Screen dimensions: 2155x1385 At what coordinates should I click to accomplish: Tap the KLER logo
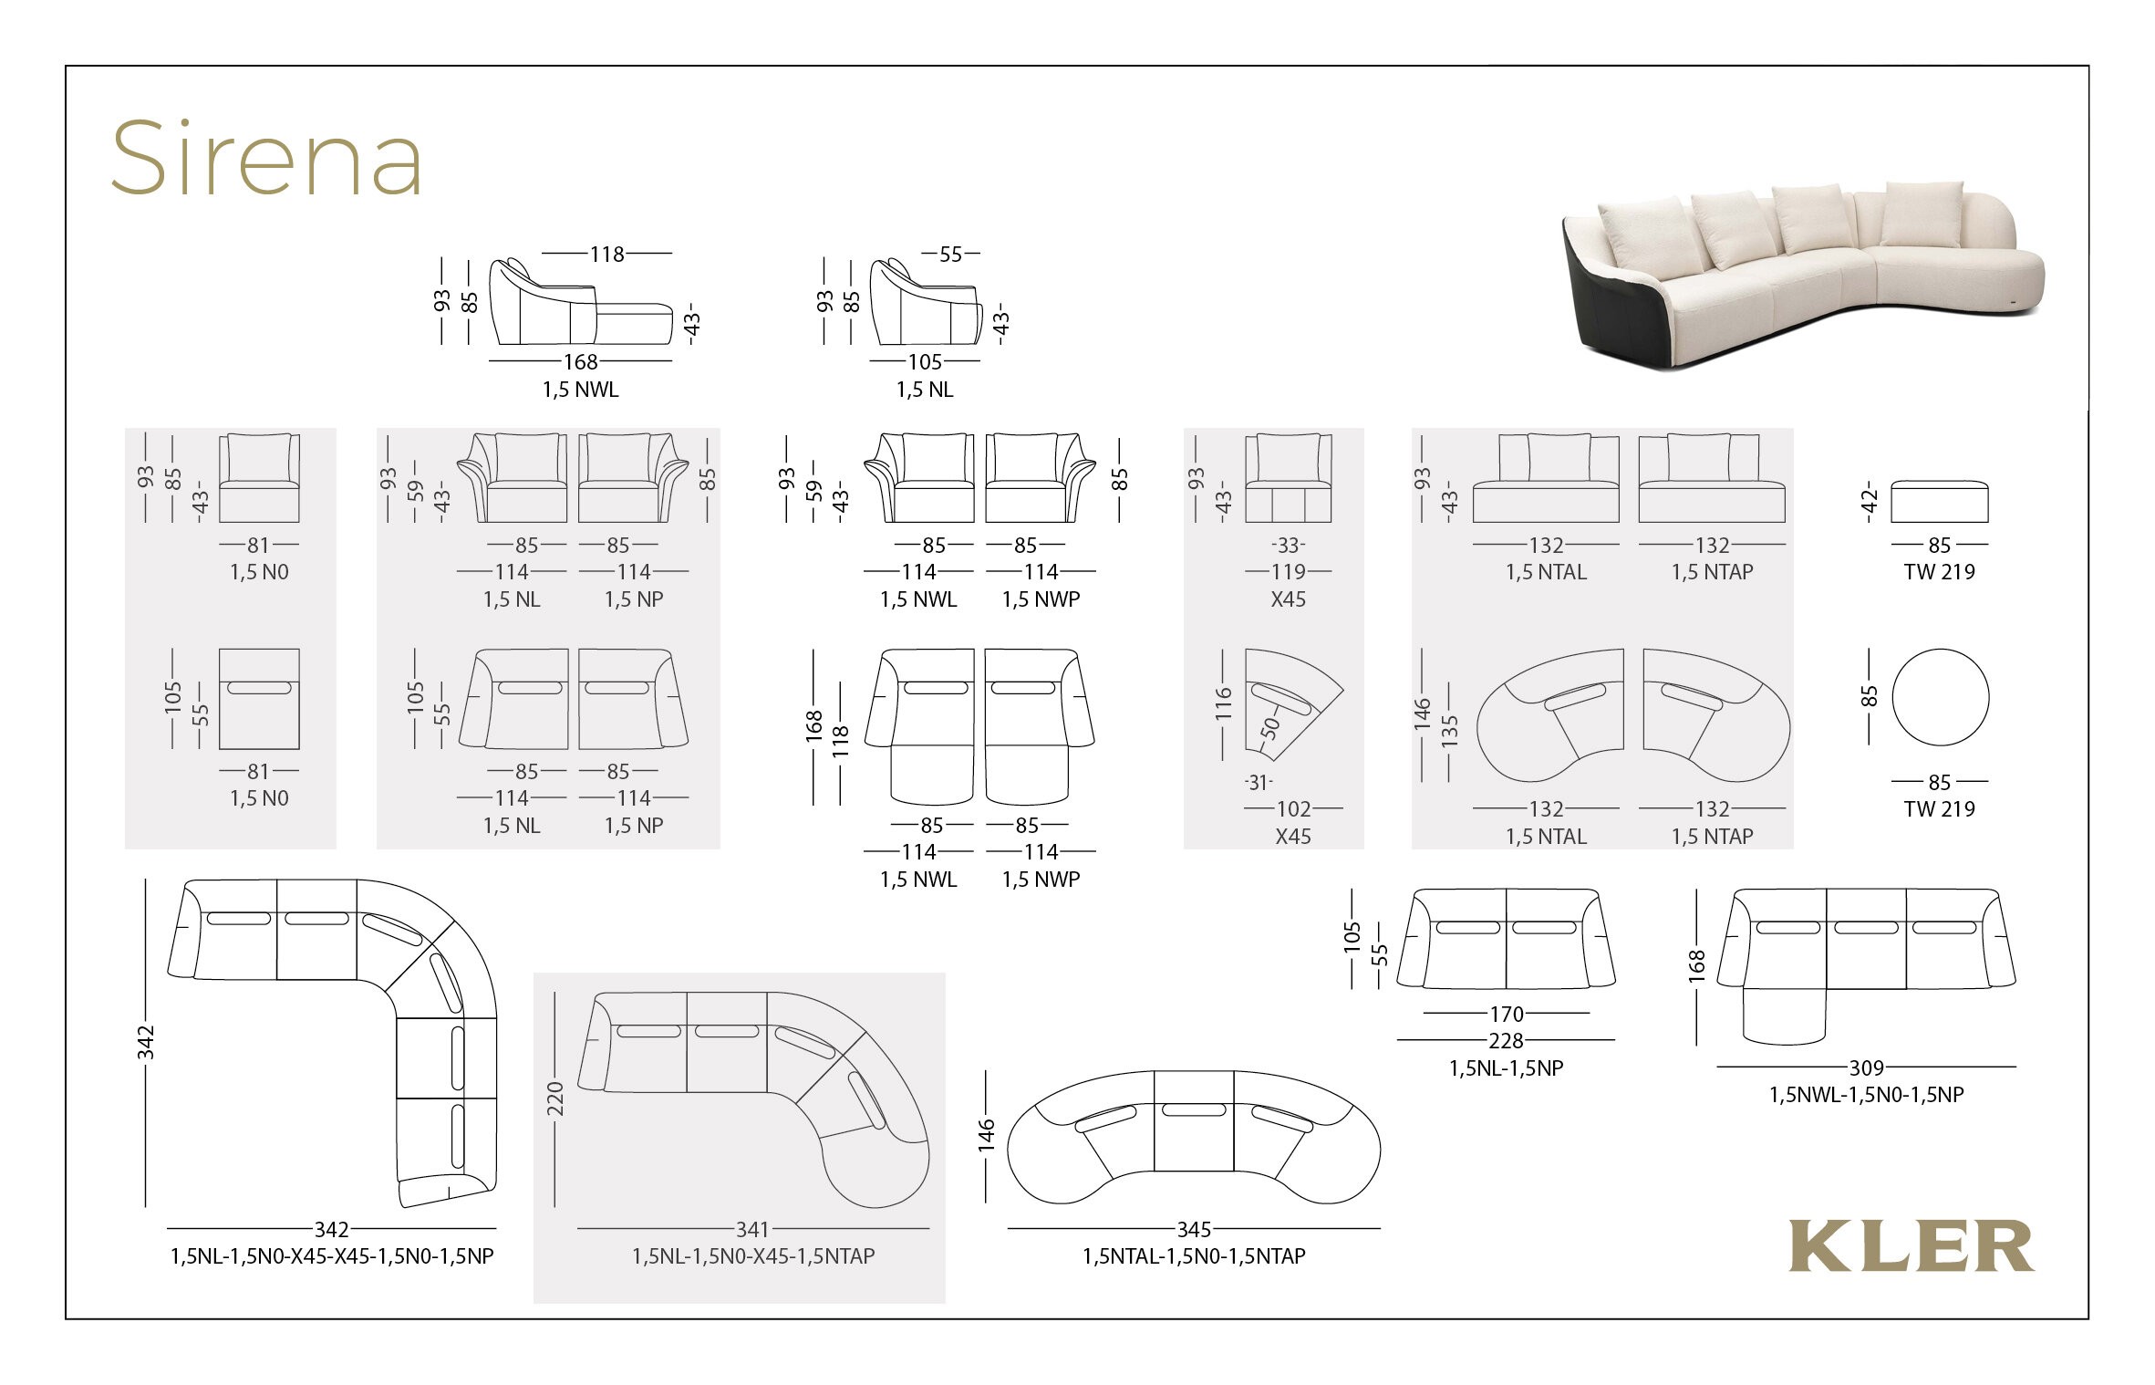[x=1912, y=1246]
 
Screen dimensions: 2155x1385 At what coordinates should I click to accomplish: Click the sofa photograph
[x=1803, y=274]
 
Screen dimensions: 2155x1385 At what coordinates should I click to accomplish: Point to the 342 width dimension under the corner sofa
[x=332, y=1229]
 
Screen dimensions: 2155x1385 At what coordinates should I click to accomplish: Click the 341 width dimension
[x=753, y=1229]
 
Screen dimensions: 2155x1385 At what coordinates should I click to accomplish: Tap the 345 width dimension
[x=1194, y=1229]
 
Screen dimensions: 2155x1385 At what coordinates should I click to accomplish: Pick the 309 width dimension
[x=1866, y=1067]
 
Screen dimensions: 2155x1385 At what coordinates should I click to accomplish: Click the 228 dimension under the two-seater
[x=1506, y=1040]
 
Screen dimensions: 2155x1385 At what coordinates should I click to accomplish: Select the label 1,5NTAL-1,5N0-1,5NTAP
[x=1194, y=1256]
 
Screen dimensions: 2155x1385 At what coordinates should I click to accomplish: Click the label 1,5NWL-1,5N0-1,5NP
[x=1866, y=1095]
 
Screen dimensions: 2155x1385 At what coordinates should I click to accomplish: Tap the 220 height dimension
[x=555, y=1099]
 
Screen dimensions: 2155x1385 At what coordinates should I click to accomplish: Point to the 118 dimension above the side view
[x=607, y=254]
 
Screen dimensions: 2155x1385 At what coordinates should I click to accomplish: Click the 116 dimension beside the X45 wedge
[x=1223, y=704]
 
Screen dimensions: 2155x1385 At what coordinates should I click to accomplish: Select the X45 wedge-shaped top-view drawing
[x=1294, y=704]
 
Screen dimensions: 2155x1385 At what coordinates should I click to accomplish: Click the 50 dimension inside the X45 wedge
[x=1270, y=727]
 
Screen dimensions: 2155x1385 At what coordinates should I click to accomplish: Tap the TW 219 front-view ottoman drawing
[x=1940, y=501]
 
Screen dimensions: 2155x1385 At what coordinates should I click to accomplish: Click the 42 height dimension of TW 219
[x=1870, y=501]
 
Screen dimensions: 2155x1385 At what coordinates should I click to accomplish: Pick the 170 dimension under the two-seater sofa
[x=1506, y=1014]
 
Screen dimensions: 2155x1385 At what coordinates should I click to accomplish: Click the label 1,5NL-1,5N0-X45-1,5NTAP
[x=753, y=1256]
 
